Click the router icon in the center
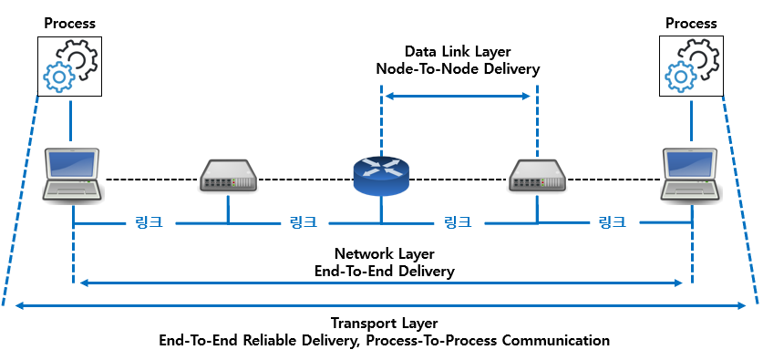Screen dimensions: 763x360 [381, 176]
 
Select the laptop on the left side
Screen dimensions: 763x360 [73, 175]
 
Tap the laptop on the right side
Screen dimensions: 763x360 [692, 175]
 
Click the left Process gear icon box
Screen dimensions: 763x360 [69, 67]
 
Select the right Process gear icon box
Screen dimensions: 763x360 [691, 67]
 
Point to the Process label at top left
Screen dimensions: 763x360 [69, 24]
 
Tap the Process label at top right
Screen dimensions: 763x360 [691, 24]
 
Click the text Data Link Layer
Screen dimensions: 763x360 [458, 52]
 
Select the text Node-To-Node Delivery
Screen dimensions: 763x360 [458, 69]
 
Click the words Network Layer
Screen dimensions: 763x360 [385, 253]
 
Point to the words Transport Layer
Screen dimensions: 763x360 [385, 323]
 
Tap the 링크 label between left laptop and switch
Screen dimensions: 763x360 [149, 223]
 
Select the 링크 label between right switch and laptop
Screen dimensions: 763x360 [612, 223]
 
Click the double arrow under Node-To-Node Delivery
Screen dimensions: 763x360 [458, 96]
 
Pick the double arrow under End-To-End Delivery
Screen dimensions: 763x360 [381, 283]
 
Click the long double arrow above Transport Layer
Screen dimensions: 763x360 [380, 306]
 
